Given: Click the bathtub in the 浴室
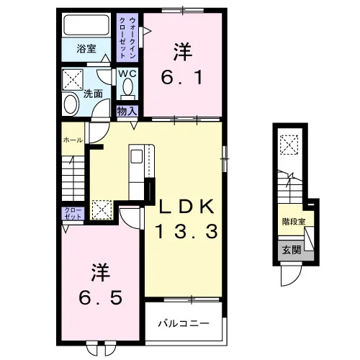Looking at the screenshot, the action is pos(86,25).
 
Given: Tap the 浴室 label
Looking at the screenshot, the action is pos(86,49).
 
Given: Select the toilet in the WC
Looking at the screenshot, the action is pos(127,89).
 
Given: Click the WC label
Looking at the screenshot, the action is pos(127,73).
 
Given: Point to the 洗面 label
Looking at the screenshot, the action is pos(93,94).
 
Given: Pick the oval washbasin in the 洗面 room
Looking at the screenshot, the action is pos(71,104).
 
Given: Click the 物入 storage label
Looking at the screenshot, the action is pos(127,111).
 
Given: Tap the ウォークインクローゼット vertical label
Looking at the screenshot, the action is pos(127,37).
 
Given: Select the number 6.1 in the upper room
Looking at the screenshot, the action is pos(181,77).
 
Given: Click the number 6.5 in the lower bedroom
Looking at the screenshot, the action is pos(101,297).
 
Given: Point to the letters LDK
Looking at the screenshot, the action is pos(187,207).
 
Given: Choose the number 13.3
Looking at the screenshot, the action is pos(186,231).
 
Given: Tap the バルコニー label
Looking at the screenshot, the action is pos(184,324).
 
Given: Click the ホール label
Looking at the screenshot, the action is pos(73,140).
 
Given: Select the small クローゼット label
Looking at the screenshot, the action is pos(73,214).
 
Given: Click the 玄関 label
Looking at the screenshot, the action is pos(292,251).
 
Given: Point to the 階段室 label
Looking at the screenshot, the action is pos(294,222).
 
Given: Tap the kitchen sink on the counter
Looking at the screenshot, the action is pos(136,156).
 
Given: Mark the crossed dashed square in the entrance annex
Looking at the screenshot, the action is pos(289,145).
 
